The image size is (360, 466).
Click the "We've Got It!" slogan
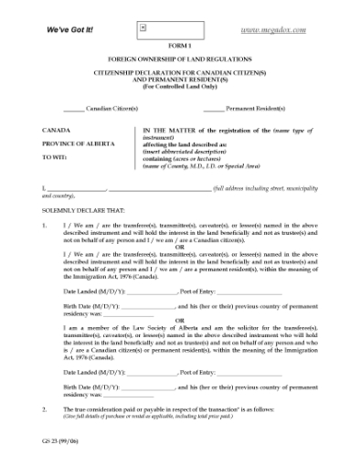(x=69, y=29)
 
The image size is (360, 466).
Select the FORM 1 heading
(x=180, y=46)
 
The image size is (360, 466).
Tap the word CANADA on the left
(x=57, y=131)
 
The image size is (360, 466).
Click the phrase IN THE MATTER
(x=171, y=131)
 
